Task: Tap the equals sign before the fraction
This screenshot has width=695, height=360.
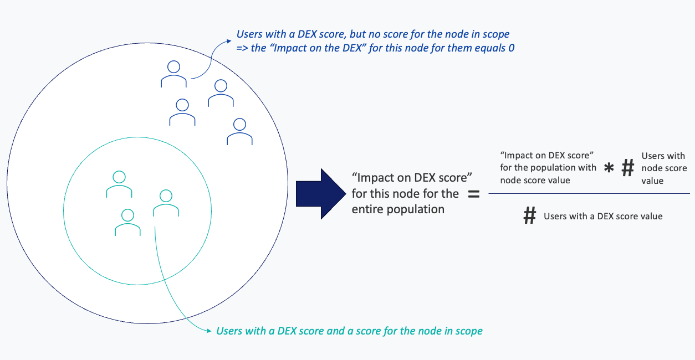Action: (x=474, y=194)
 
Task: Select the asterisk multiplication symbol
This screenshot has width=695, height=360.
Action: (x=609, y=168)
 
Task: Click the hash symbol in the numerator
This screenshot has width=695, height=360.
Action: (x=628, y=168)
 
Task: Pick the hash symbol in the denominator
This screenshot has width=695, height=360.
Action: (x=530, y=215)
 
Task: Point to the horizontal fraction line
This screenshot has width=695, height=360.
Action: (x=589, y=193)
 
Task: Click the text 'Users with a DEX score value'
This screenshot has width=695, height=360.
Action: (x=603, y=216)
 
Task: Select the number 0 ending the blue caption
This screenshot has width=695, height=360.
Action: (x=511, y=48)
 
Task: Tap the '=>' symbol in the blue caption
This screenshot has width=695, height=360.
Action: (x=242, y=48)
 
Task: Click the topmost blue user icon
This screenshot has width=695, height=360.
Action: (x=174, y=74)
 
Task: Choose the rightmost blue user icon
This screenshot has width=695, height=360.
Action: (x=239, y=132)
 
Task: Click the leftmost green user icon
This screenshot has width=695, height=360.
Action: (x=119, y=184)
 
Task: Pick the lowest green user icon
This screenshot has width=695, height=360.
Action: (x=127, y=222)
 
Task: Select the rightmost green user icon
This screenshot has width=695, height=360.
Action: (x=166, y=203)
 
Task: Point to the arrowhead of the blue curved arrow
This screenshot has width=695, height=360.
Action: (x=229, y=41)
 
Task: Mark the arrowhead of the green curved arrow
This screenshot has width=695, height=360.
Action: (x=209, y=331)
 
